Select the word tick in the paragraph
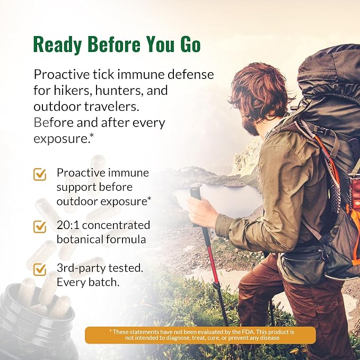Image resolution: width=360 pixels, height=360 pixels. click(x=103, y=74)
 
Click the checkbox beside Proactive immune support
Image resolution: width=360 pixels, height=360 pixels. click(x=40, y=174)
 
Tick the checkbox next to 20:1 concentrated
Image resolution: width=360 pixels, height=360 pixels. click(x=40, y=226)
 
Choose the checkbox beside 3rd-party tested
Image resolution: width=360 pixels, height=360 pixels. click(x=40, y=269)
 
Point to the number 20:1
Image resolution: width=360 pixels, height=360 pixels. click(x=68, y=225)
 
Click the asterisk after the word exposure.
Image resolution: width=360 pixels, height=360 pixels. click(x=92, y=135)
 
